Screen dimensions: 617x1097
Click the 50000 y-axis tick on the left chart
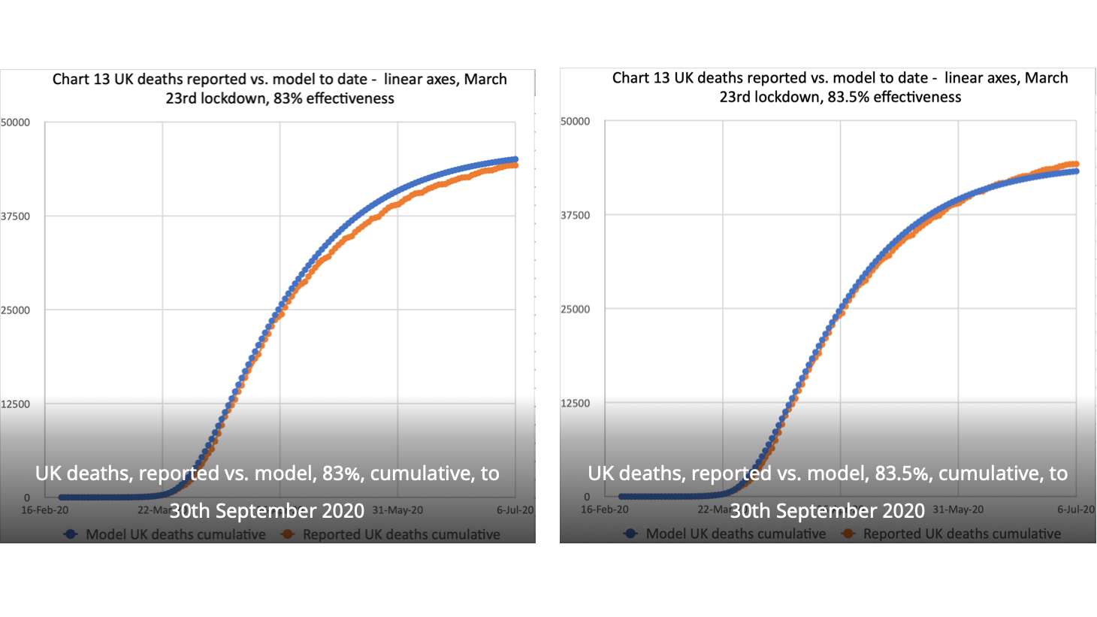[15, 122]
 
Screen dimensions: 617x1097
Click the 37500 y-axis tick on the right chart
[576, 215]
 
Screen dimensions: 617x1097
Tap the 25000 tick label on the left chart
[15, 310]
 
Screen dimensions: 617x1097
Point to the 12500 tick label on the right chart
[576, 403]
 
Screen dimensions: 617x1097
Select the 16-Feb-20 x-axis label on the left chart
[44, 510]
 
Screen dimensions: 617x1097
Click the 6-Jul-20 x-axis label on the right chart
[1076, 510]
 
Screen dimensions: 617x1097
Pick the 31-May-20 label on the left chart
[397, 510]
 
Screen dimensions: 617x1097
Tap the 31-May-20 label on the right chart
[958, 510]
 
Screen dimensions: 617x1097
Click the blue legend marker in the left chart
[71, 534]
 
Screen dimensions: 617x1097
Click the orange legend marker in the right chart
[848, 534]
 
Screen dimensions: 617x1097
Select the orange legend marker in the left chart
[288, 534]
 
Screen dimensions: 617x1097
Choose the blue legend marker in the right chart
[631, 534]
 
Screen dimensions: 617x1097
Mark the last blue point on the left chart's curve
[515, 159]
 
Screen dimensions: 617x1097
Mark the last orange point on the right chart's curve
[1076, 164]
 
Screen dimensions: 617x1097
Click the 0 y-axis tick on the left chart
[27, 498]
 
